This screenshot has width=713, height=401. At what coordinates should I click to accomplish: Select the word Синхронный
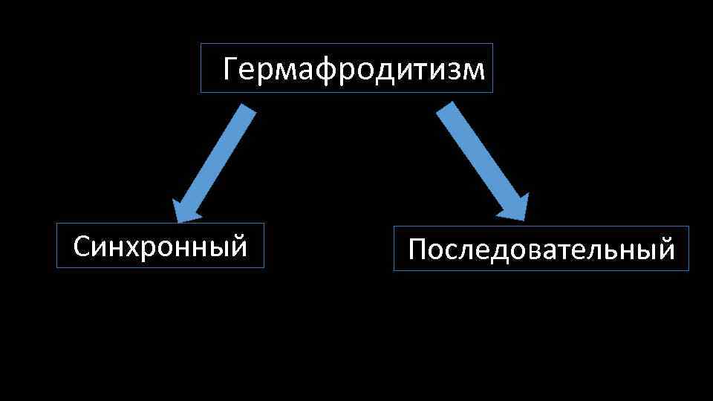coord(160,246)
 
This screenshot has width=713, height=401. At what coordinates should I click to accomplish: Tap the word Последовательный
coord(541,250)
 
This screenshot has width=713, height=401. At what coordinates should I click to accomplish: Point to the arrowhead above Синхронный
coord(186,209)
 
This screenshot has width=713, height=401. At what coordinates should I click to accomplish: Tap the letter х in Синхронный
coord(138,247)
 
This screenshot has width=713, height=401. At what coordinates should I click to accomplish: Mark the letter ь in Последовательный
coord(623,251)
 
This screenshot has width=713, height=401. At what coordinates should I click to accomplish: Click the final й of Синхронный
coord(238,245)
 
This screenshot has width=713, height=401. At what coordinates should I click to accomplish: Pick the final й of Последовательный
coord(665,249)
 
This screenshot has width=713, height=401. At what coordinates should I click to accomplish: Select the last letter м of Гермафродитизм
coord(475,71)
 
